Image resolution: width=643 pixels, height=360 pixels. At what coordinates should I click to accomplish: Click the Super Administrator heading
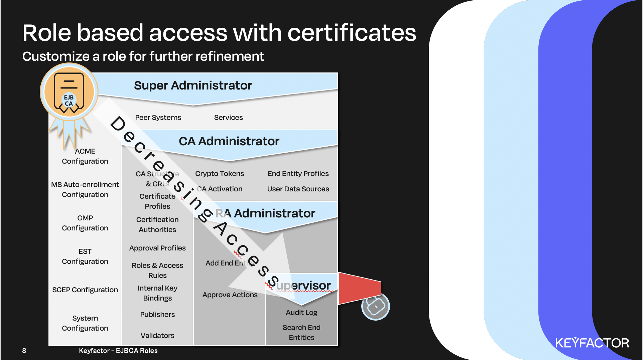(x=193, y=85)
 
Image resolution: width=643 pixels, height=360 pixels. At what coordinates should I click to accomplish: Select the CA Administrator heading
(x=229, y=141)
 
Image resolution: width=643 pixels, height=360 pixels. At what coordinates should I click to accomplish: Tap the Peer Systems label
(x=158, y=118)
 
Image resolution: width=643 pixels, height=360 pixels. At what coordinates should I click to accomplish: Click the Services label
(x=228, y=118)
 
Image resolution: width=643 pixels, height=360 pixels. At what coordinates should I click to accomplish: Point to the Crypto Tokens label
(x=220, y=174)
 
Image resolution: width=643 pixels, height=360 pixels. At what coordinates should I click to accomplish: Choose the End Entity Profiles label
(x=298, y=174)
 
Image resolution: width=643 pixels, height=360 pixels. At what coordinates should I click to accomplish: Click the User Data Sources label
(x=298, y=189)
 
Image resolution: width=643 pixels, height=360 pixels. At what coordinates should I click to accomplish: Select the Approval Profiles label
(x=157, y=248)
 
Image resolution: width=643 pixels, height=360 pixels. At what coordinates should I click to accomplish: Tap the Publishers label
(x=157, y=315)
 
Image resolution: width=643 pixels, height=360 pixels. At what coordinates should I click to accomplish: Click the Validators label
(x=157, y=336)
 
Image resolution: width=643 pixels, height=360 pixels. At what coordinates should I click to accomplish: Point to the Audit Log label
(x=301, y=313)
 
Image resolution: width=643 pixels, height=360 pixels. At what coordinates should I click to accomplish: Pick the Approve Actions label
(x=230, y=295)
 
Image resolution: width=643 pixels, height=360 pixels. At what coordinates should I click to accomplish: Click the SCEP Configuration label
(x=85, y=290)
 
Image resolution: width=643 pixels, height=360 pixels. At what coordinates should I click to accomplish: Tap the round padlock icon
(x=376, y=306)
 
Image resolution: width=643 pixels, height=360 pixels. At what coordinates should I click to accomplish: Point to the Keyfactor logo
(x=592, y=343)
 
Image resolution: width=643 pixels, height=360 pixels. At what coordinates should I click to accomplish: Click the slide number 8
(x=24, y=351)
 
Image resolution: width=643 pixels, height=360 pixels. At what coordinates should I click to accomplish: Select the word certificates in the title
(x=352, y=33)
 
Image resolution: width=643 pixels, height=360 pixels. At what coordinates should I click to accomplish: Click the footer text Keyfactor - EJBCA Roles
(x=118, y=351)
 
